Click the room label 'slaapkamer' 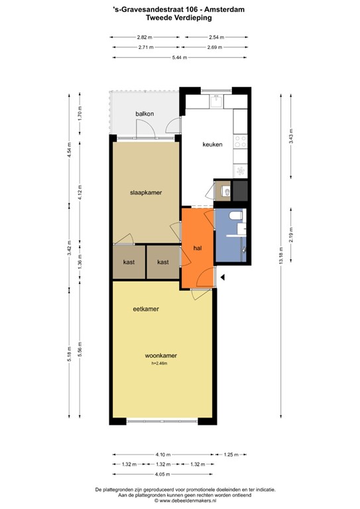145,192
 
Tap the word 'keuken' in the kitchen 212,144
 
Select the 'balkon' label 145,114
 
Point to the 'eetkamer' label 145,309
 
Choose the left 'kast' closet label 129,262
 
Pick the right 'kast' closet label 162,262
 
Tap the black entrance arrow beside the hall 223,278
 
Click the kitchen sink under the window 215,101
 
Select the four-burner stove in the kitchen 241,142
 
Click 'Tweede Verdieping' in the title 180,19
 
